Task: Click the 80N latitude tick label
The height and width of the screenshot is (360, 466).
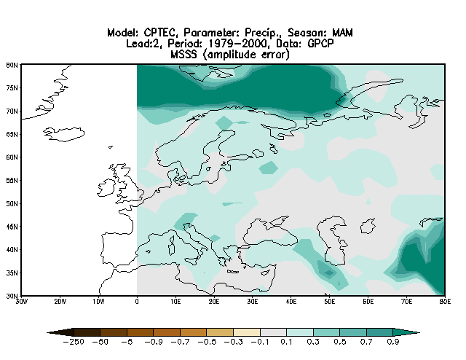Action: coord(12,64)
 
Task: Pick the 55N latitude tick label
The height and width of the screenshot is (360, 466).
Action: coord(12,180)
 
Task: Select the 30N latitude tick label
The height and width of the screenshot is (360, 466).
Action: coord(12,296)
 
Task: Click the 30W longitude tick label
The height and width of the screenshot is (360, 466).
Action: coord(21,301)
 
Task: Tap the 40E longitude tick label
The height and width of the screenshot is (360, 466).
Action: coord(291,301)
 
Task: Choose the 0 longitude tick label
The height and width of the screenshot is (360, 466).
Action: coord(137,301)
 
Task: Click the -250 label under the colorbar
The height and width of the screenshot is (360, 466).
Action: coord(74,342)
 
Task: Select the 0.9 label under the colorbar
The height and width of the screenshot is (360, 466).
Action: coord(392,342)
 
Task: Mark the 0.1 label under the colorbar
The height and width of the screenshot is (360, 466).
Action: coord(286,342)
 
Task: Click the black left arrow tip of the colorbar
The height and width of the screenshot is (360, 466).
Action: coord(50,332)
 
